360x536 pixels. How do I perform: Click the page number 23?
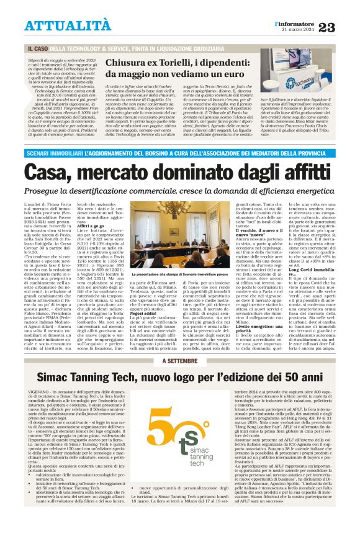click(344, 26)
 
